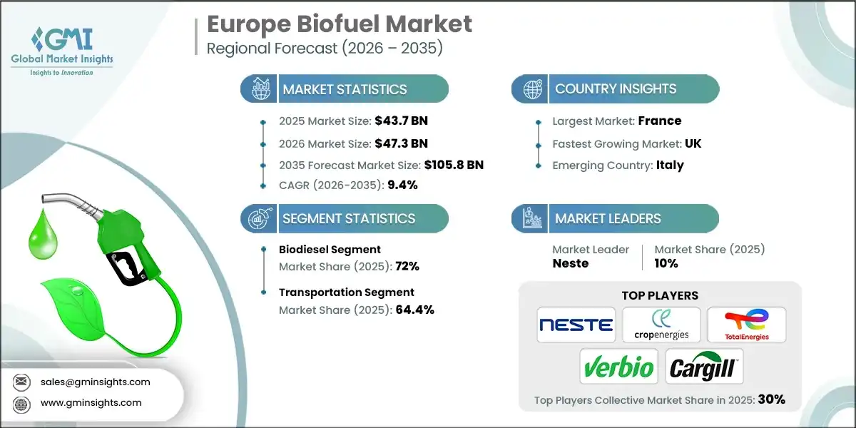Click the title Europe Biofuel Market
pos(339,24)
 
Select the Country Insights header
pos(615,89)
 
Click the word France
pos(659,121)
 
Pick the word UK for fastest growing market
pos(692,143)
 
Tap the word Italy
pos(670,165)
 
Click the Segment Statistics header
pos(348,218)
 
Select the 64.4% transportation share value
pos(414,310)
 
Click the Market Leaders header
pos(608,218)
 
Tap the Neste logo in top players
pos(576,325)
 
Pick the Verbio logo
pos(618,367)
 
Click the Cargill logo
pos(703,367)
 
